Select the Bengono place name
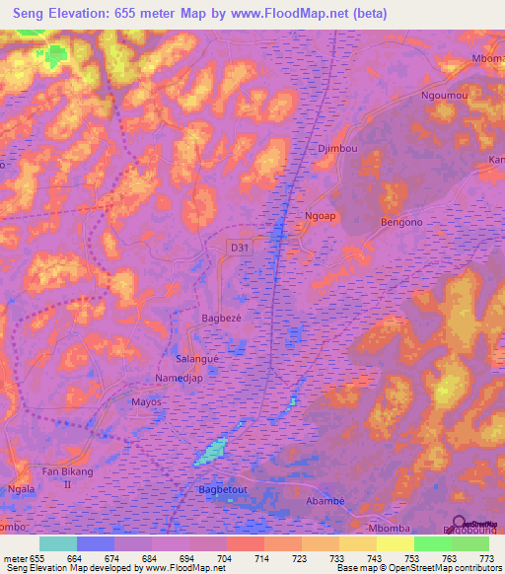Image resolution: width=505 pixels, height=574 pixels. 400,223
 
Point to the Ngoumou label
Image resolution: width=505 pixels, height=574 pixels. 443,97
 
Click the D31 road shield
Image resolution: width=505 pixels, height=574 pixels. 239,248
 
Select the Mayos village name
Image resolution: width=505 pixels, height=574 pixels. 146,402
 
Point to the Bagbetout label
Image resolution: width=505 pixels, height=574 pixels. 220,489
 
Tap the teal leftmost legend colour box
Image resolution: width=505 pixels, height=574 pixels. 57,543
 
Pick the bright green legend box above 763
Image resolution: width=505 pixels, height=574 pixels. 432,543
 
